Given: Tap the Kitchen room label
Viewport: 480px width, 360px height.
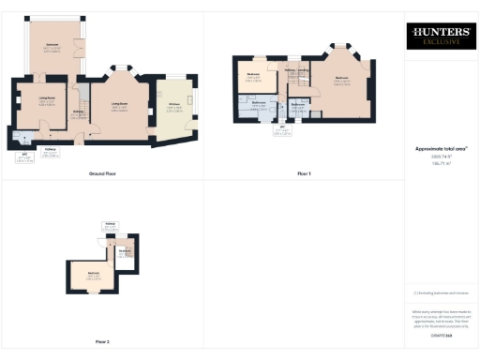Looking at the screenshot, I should click(x=174, y=107).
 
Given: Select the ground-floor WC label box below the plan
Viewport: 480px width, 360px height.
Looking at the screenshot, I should click(x=24, y=158).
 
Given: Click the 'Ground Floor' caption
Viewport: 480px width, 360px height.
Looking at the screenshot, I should click(x=102, y=173).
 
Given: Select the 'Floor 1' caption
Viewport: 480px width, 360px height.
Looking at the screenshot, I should click(x=303, y=173).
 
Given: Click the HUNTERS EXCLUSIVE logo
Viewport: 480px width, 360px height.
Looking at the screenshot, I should click(x=439, y=37).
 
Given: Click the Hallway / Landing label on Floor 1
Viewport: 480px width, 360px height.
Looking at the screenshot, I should click(x=297, y=70).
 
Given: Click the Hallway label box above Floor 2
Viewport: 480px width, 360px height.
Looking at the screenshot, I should click(x=111, y=225).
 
